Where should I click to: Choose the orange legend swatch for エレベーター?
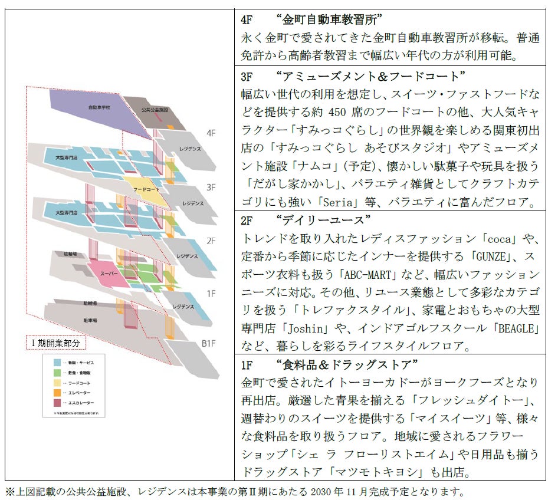(x=57, y=392)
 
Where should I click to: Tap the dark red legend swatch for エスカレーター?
(x=57, y=403)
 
